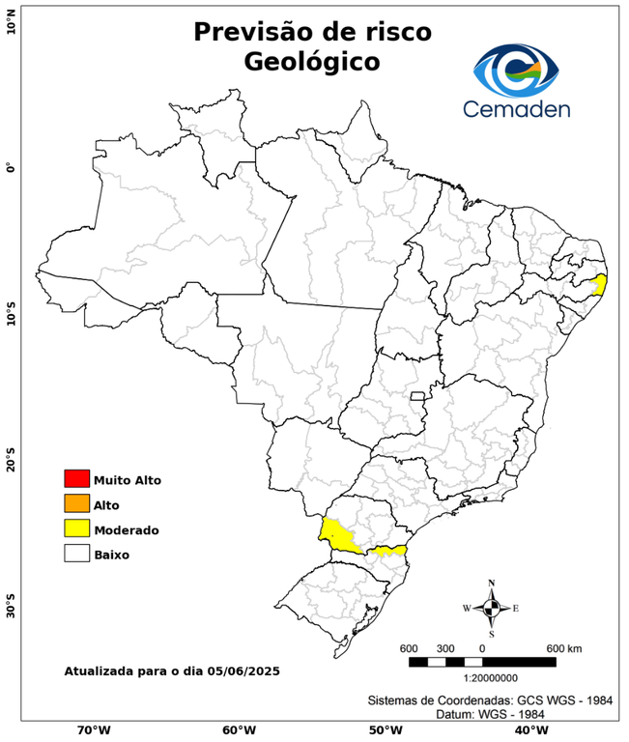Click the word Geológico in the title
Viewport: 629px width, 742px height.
pyautogui.click(x=312, y=62)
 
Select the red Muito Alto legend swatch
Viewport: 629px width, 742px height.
pyautogui.click(x=76, y=479)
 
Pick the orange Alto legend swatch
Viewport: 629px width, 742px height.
pyautogui.click(x=76, y=504)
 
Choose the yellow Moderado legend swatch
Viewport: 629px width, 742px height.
pyautogui.click(x=76, y=529)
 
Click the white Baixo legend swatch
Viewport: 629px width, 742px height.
pyautogui.click(x=76, y=555)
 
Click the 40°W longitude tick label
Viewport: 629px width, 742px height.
pyautogui.click(x=529, y=730)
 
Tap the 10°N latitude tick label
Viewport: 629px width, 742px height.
pyautogui.click(x=12, y=22)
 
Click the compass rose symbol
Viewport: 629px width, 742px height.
pyautogui.click(x=491, y=608)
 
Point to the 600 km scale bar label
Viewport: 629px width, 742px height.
pyautogui.click(x=564, y=647)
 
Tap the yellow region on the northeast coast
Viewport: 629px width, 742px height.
pyautogui.click(x=599, y=284)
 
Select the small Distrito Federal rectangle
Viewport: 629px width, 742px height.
pyautogui.click(x=418, y=396)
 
